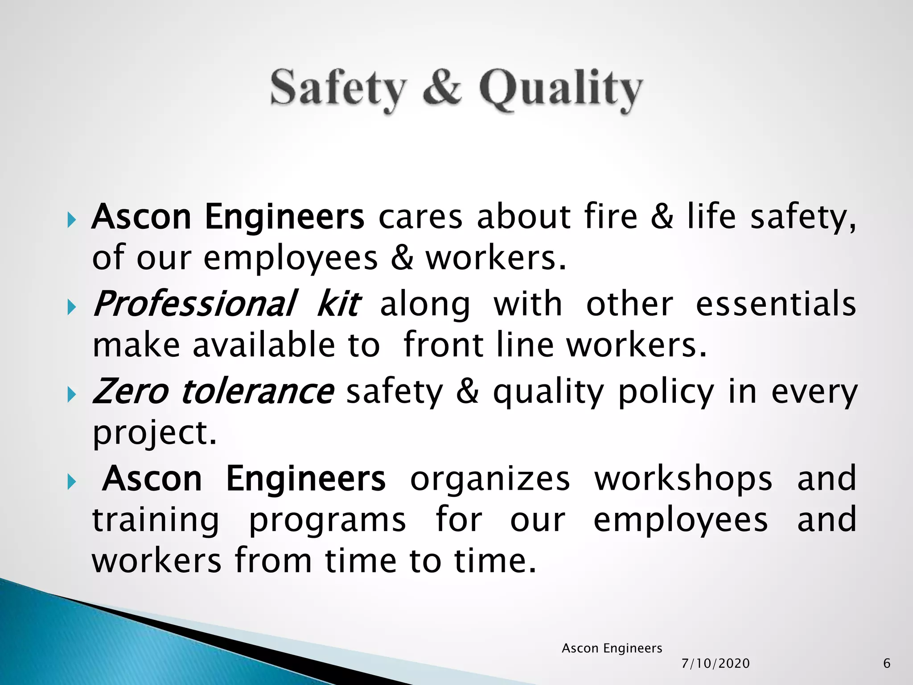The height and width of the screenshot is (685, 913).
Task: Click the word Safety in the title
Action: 338,89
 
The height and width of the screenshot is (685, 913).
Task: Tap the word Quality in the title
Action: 560,89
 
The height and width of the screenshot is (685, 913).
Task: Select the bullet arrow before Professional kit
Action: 71,307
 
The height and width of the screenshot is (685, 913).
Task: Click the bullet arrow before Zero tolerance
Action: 71,395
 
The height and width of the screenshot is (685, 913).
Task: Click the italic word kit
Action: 338,304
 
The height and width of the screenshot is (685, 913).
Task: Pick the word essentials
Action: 776,304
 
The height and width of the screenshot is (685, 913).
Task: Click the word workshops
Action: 683,478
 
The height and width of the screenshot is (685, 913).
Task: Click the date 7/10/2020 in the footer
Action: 716,664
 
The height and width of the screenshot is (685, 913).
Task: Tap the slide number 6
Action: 887,664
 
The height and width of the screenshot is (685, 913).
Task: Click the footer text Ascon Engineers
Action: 612,648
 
